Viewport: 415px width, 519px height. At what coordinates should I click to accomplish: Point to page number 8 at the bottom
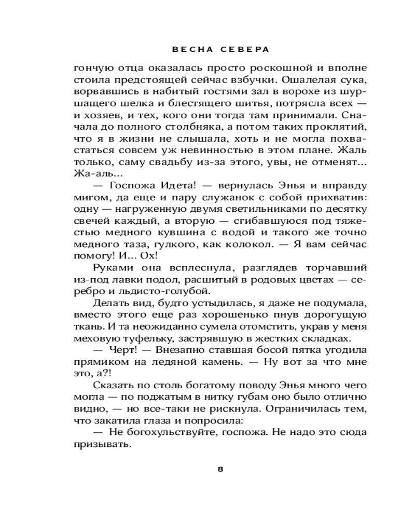(220, 469)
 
